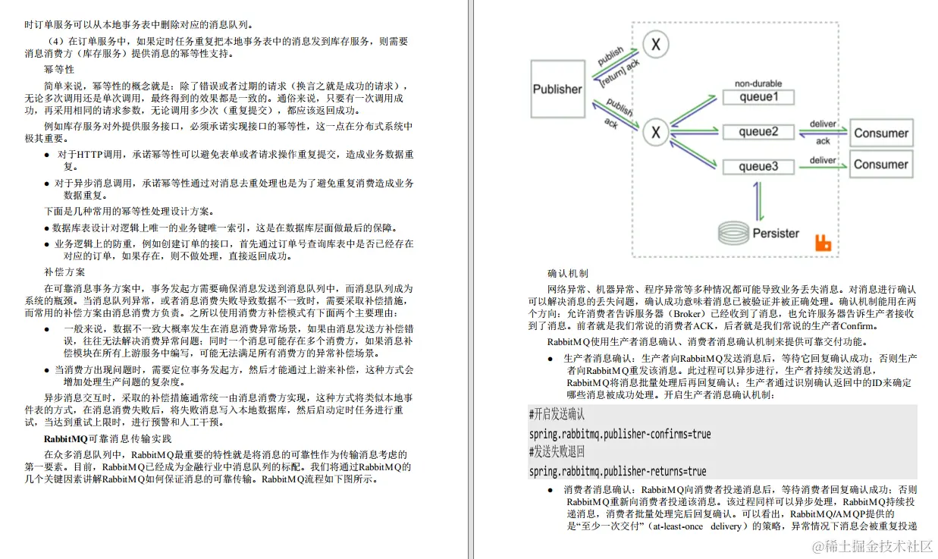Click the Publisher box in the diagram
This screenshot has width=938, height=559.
pyautogui.click(x=557, y=90)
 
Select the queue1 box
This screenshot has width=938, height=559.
pyautogui.click(x=758, y=97)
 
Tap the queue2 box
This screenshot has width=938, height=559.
pyautogui.click(x=758, y=132)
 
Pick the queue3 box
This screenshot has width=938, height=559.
pyautogui.click(x=758, y=166)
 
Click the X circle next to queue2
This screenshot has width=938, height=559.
pyautogui.click(x=656, y=133)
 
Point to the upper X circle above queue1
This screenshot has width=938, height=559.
pyautogui.click(x=656, y=45)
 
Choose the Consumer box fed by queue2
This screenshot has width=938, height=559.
pyautogui.click(x=880, y=133)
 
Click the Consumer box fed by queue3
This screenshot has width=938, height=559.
pyautogui.click(x=880, y=164)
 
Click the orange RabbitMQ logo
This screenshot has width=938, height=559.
pyautogui.click(x=823, y=243)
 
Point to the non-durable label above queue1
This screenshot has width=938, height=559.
pyautogui.click(x=758, y=83)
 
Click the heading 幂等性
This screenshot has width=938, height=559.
pyautogui.click(x=59, y=69)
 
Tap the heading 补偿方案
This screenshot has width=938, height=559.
pyautogui.click(x=64, y=272)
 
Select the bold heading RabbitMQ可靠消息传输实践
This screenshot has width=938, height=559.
pyautogui.click(x=108, y=438)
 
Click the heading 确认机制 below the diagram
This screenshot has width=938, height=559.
pyautogui.click(x=567, y=273)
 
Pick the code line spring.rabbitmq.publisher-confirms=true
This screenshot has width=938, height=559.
pyautogui.click(x=620, y=434)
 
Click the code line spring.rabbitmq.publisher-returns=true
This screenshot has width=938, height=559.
pyautogui.click(x=617, y=471)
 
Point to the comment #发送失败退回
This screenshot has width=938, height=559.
pyautogui.click(x=557, y=453)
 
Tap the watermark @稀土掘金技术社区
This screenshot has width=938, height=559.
pyautogui.click(x=872, y=546)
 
